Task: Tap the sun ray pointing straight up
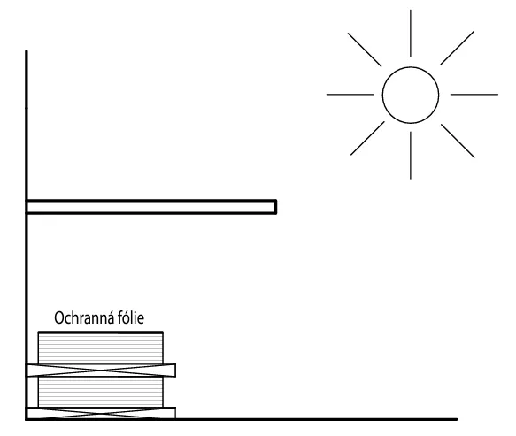tap(411, 34)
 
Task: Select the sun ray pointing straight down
tap(411, 156)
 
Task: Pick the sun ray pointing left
tap(350, 95)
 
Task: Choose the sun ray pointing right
tap(474, 95)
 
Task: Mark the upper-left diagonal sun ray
tap(365, 50)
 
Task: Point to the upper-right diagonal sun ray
tap(458, 48)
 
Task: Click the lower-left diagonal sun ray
tap(367, 138)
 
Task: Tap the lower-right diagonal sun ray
tap(458, 141)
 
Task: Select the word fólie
tap(131, 318)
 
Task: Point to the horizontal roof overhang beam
tap(151, 207)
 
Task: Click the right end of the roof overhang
tap(276, 207)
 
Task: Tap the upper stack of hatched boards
tap(100, 348)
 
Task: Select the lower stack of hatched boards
tap(100, 392)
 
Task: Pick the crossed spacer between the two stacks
tap(101, 371)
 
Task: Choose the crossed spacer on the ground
tap(101, 413)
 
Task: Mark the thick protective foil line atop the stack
tap(100, 333)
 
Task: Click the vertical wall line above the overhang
tap(27, 125)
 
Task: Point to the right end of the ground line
tap(457, 419)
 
